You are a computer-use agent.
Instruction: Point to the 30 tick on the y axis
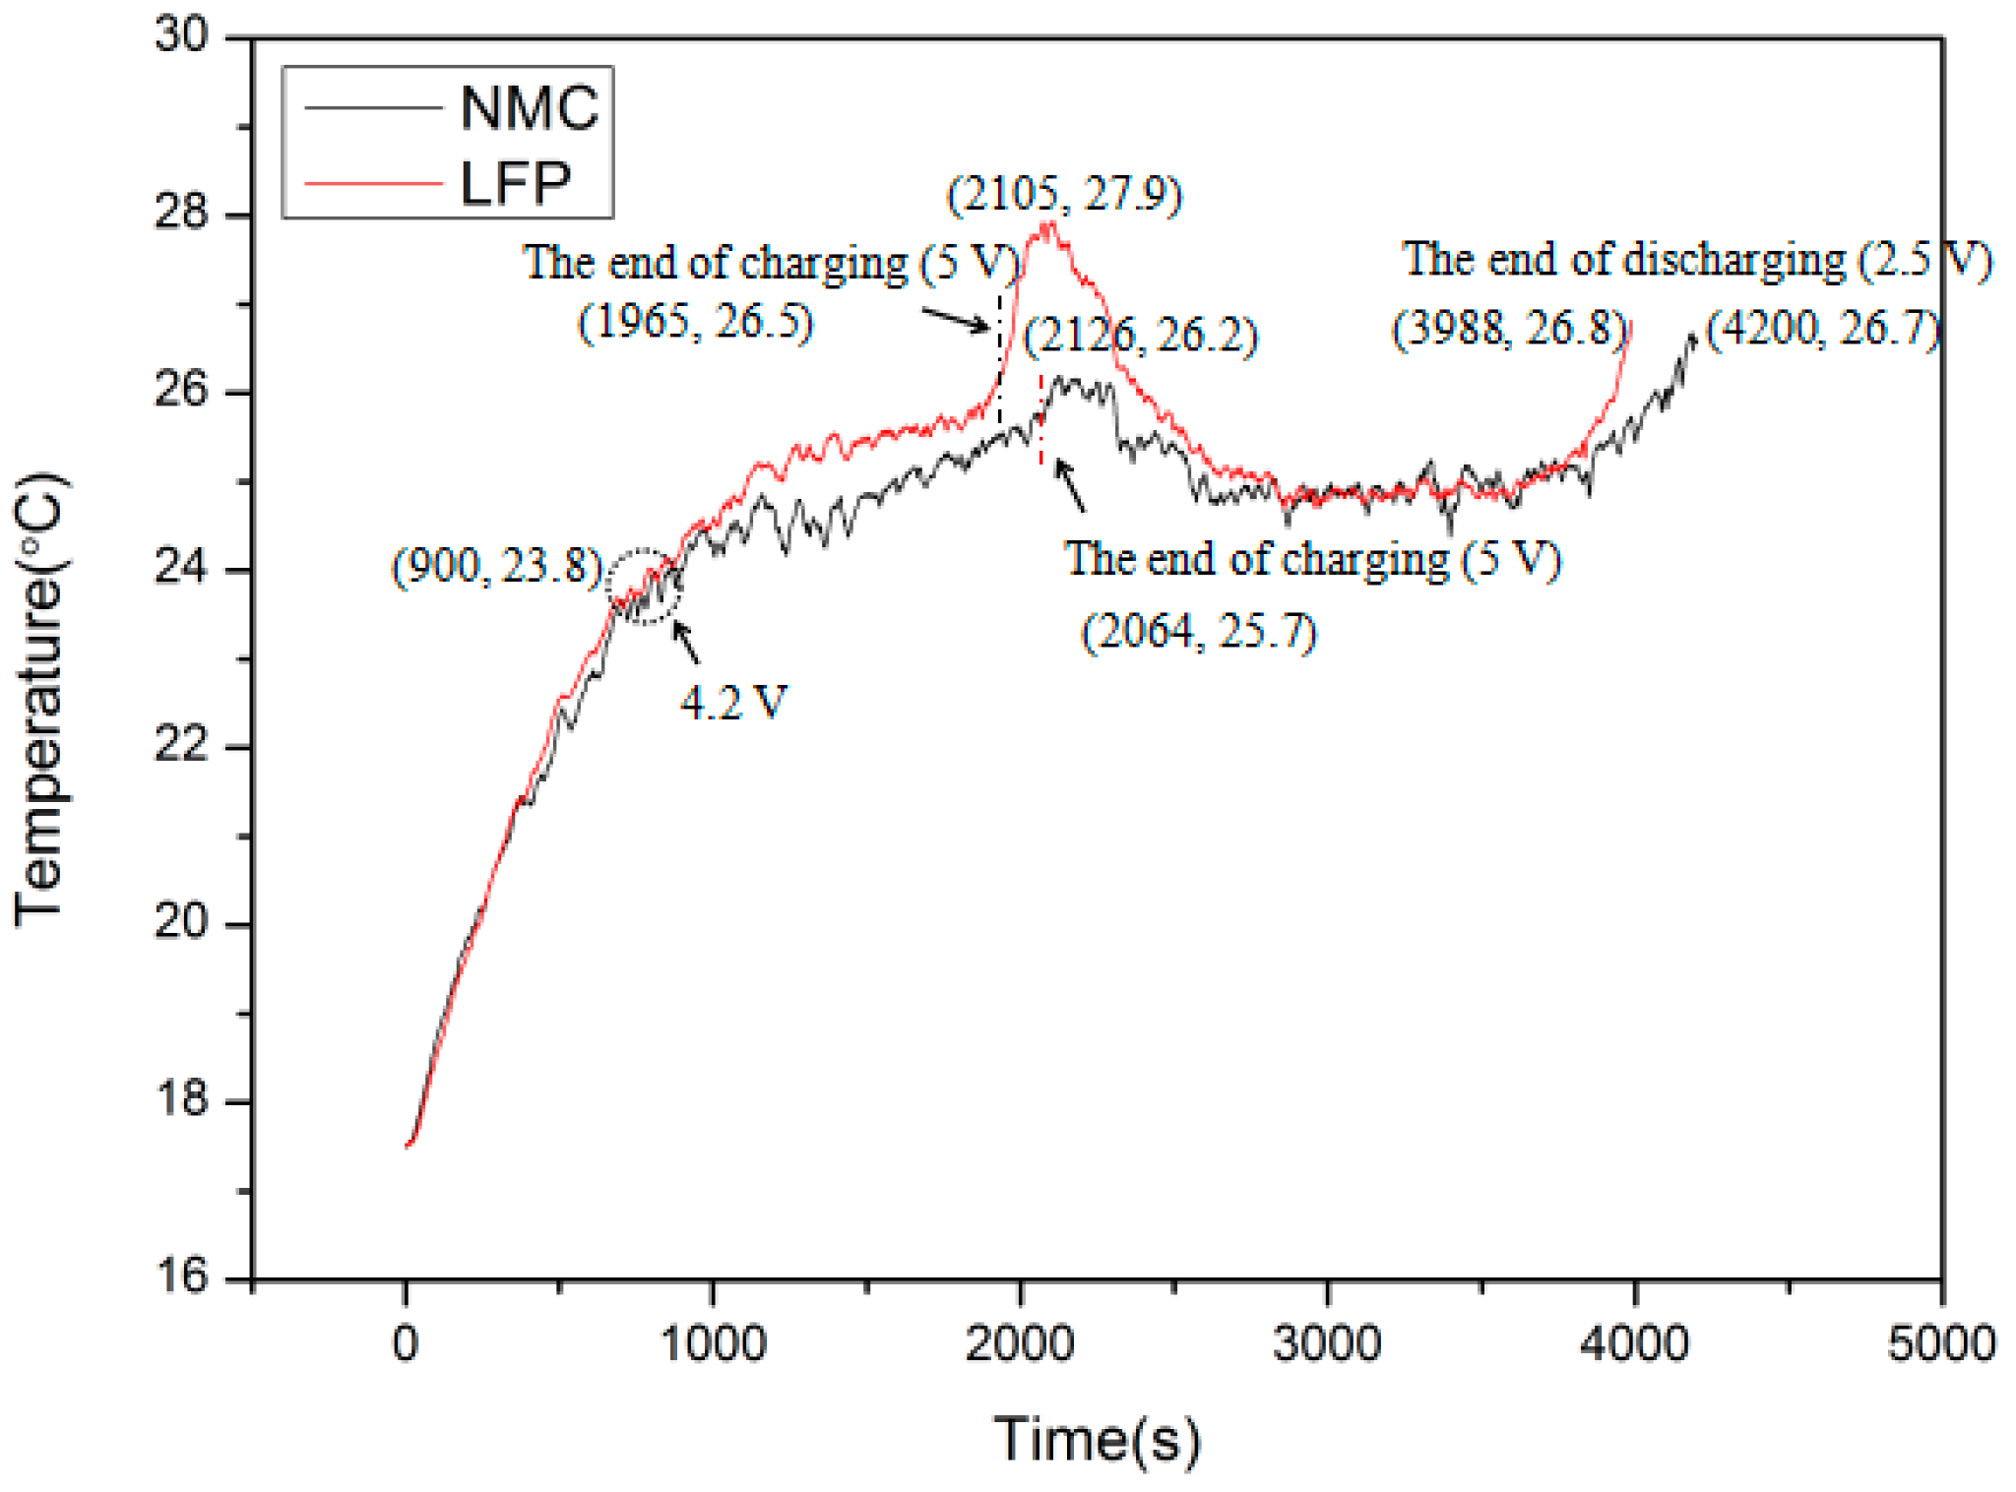click(183, 35)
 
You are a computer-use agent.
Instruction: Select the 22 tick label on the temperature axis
click(183, 745)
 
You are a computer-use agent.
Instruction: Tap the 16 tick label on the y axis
click(183, 1276)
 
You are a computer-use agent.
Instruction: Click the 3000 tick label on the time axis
click(1326, 1344)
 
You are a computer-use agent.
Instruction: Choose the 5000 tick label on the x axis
click(1940, 1344)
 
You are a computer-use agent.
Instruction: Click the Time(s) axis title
click(1097, 1440)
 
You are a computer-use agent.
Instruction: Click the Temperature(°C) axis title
click(39, 700)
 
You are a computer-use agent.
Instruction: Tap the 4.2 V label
click(733, 703)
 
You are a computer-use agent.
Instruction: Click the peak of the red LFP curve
click(1050, 224)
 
